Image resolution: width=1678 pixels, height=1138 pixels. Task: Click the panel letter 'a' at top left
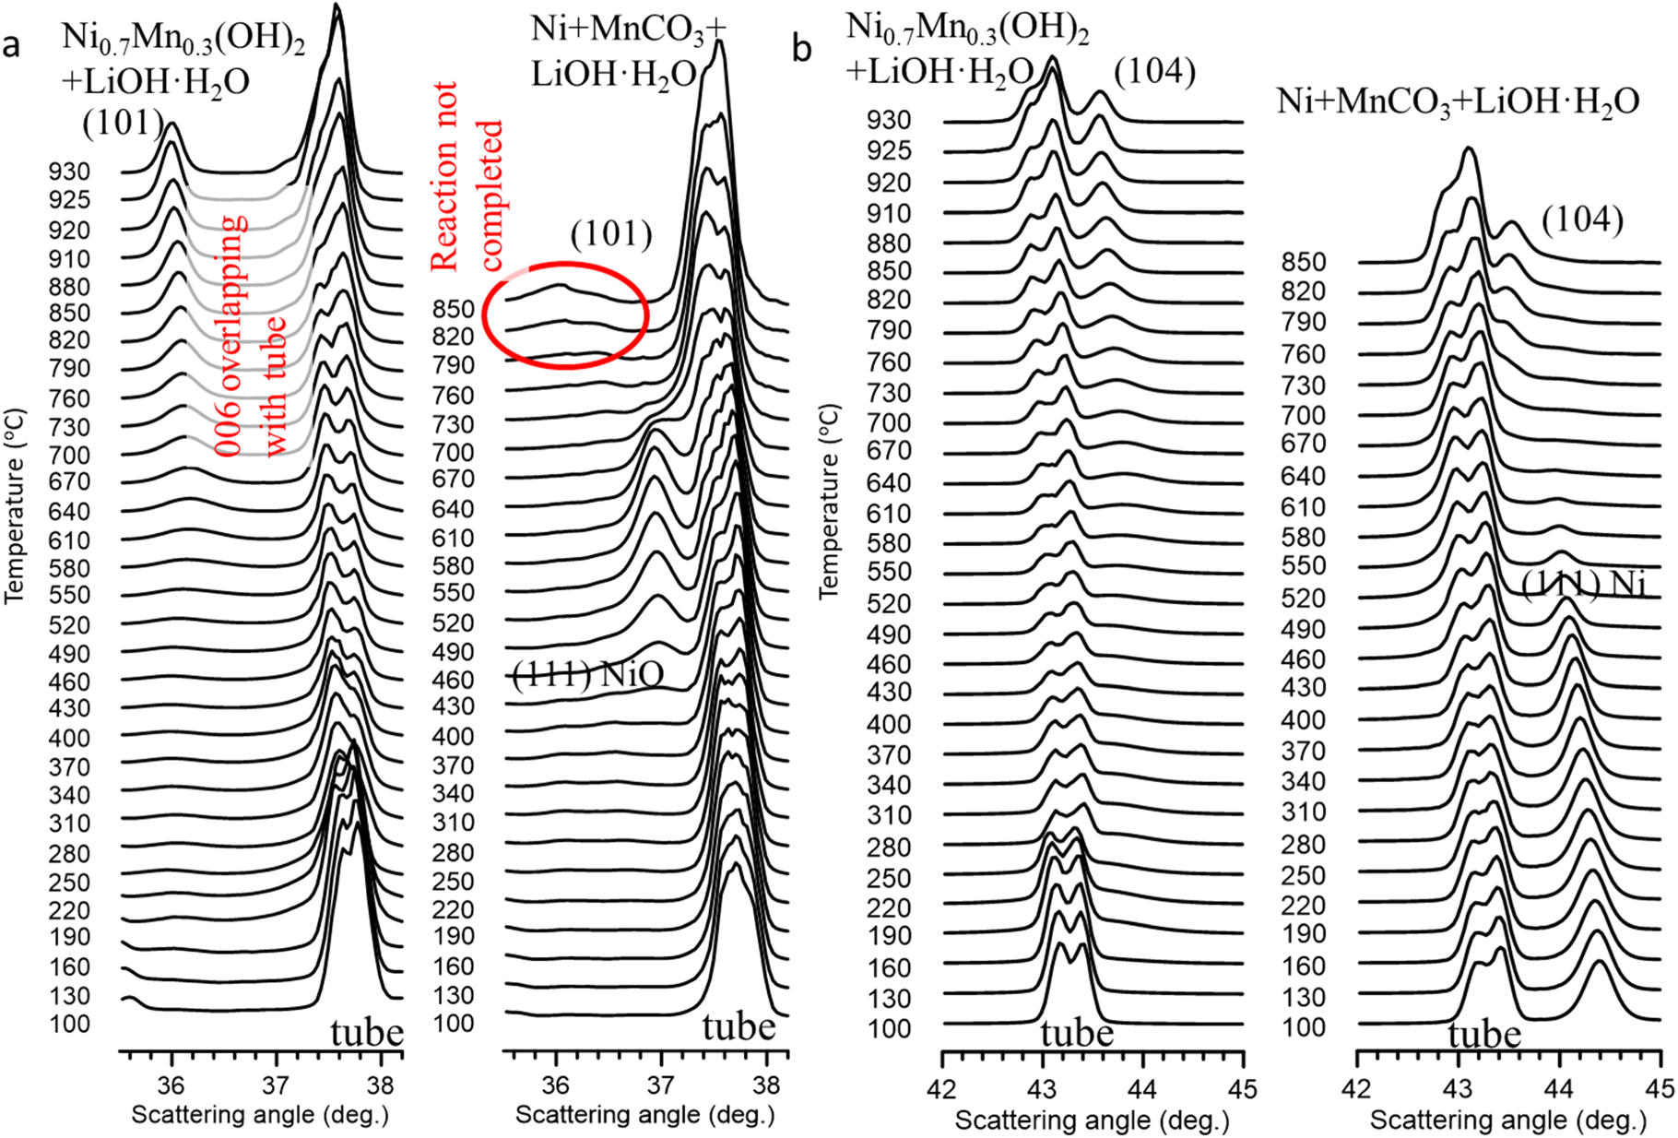point(12,44)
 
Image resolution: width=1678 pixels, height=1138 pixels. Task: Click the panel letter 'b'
point(802,48)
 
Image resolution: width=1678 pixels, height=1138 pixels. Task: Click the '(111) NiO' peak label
point(587,676)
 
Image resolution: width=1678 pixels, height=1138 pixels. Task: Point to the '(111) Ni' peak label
point(1583,584)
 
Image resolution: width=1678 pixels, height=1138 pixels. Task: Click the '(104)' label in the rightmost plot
point(1582,219)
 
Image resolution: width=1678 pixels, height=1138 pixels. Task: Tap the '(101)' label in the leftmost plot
point(123,123)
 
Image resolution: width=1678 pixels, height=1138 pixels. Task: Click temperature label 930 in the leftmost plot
point(70,172)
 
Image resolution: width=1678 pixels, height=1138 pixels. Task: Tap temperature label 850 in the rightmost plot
point(1304,262)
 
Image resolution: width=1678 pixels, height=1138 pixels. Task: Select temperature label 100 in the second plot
point(453,1024)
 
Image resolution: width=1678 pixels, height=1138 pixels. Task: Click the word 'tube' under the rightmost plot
point(1484,1035)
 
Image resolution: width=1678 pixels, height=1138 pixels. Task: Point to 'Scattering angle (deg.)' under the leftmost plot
point(260,1115)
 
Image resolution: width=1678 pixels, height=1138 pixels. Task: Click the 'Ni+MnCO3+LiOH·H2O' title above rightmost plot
point(1458,102)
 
